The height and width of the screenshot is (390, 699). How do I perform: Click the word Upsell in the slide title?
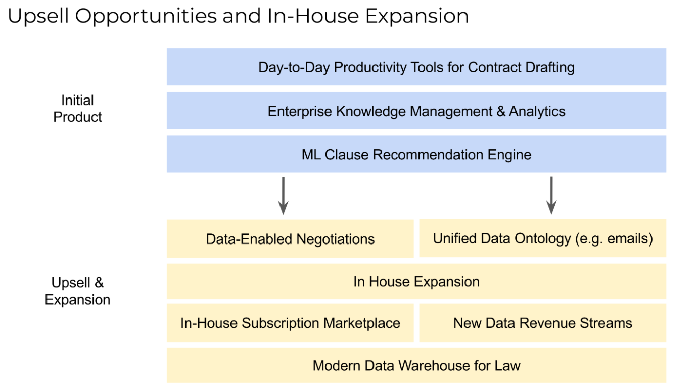pyautogui.click(x=38, y=16)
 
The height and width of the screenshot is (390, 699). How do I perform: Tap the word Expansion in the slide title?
pyautogui.click(x=417, y=16)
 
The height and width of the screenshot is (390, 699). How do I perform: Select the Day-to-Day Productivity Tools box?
pyautogui.click(x=416, y=67)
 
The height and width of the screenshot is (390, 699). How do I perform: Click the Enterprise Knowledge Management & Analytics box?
pyautogui.click(x=416, y=111)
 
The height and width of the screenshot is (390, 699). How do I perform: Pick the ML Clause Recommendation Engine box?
pyautogui.click(x=416, y=154)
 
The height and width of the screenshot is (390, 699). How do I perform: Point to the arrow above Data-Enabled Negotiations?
pyautogui.click(x=283, y=196)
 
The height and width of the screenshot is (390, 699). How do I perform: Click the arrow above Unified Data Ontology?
pyautogui.click(x=551, y=196)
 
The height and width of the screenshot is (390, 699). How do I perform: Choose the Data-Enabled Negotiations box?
pyautogui.click(x=290, y=238)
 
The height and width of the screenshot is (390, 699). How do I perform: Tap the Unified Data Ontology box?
pyautogui.click(x=543, y=238)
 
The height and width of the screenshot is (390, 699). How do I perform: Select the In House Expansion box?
pyautogui.click(x=416, y=281)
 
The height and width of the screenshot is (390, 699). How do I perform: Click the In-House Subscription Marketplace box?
pyautogui.click(x=290, y=323)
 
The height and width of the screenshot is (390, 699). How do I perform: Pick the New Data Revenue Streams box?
pyautogui.click(x=543, y=323)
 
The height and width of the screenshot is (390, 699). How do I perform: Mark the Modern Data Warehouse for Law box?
pyautogui.click(x=416, y=365)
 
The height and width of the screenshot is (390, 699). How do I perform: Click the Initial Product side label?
pyautogui.click(x=77, y=109)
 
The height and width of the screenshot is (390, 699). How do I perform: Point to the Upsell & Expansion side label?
pyautogui.click(x=77, y=291)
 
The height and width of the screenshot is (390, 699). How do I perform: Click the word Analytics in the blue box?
pyautogui.click(x=537, y=111)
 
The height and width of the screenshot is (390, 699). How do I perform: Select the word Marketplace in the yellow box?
pyautogui.click(x=362, y=323)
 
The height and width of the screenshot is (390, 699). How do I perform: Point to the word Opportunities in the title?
pyautogui.click(x=146, y=16)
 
